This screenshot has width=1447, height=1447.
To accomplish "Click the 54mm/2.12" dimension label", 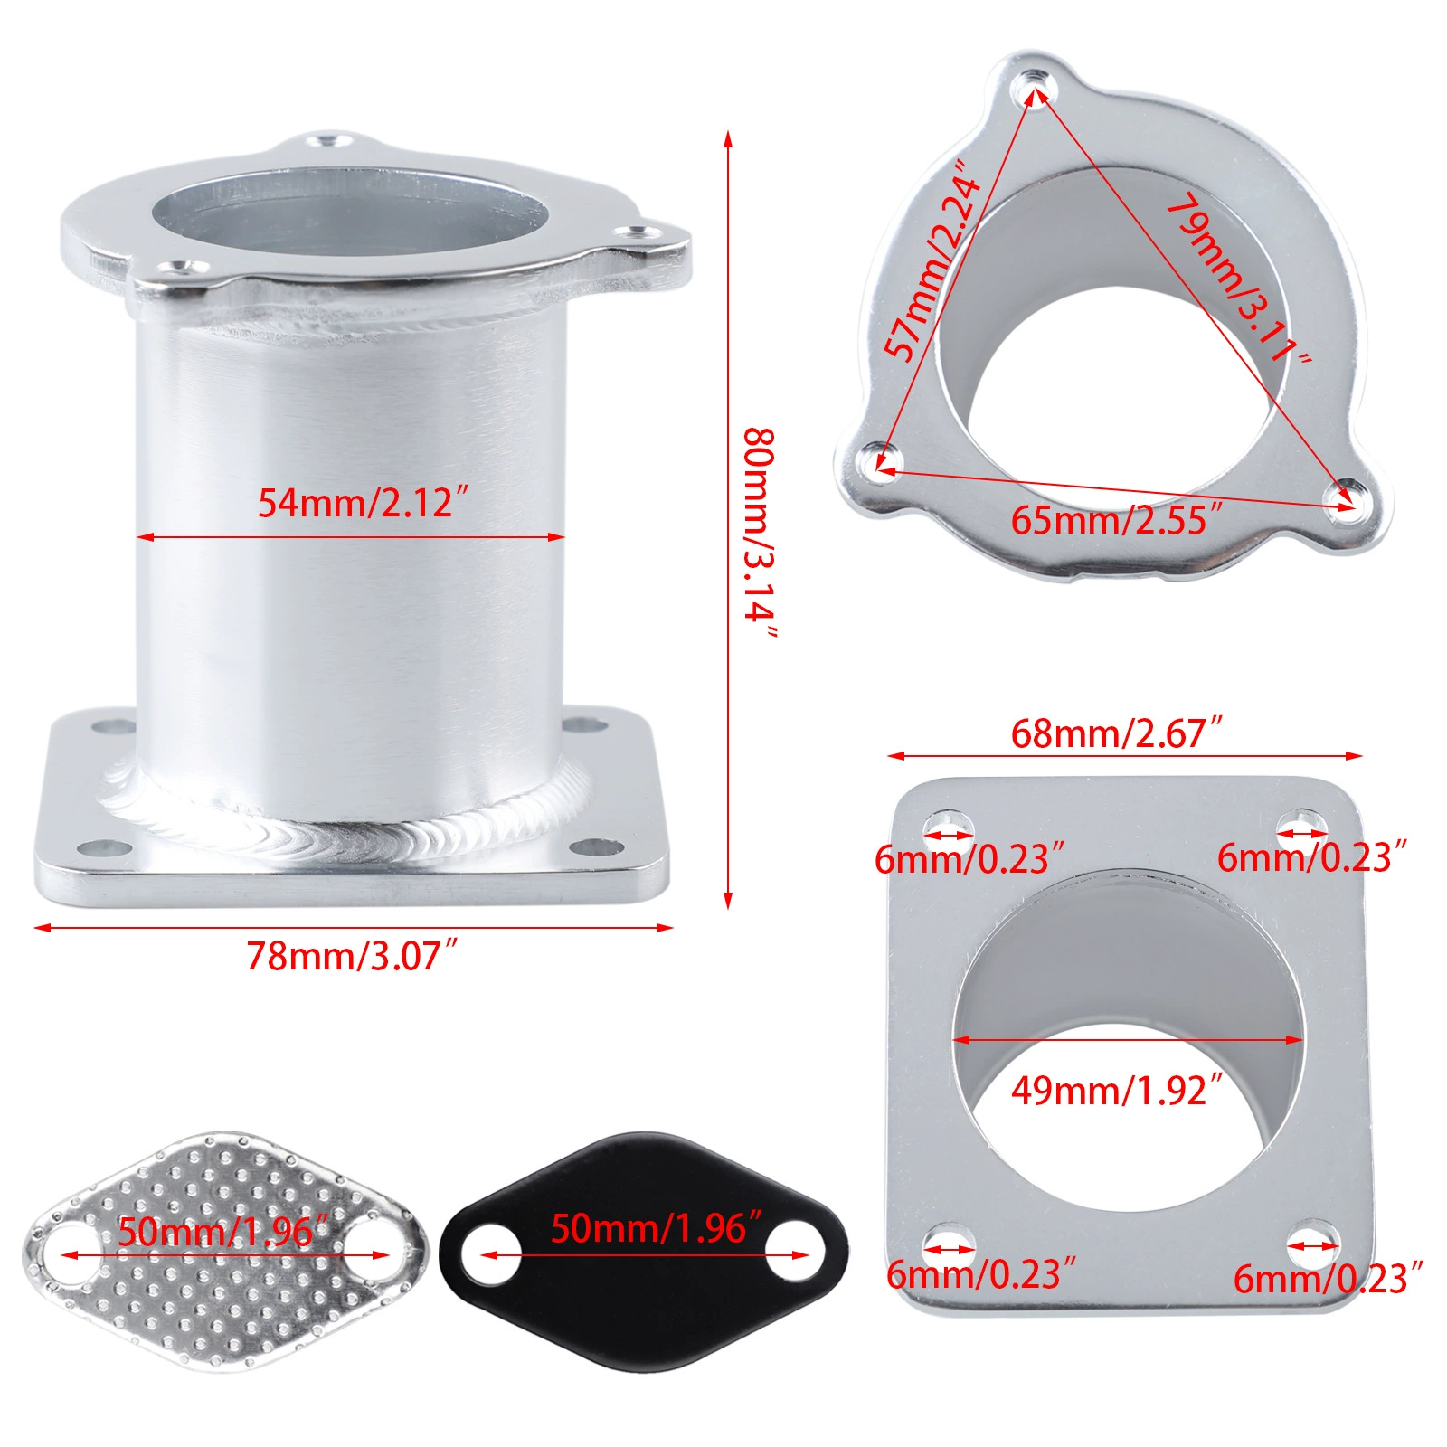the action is [x=364, y=503].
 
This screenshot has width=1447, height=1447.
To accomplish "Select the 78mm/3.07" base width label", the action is [x=353, y=956].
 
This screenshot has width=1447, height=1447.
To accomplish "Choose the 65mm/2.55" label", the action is [x=1116, y=520].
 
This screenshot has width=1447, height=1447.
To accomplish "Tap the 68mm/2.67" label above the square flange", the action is [x=1116, y=733].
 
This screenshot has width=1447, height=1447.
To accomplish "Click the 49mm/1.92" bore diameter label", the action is [x=1116, y=1091].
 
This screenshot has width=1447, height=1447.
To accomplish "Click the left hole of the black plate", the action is [x=491, y=1254].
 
